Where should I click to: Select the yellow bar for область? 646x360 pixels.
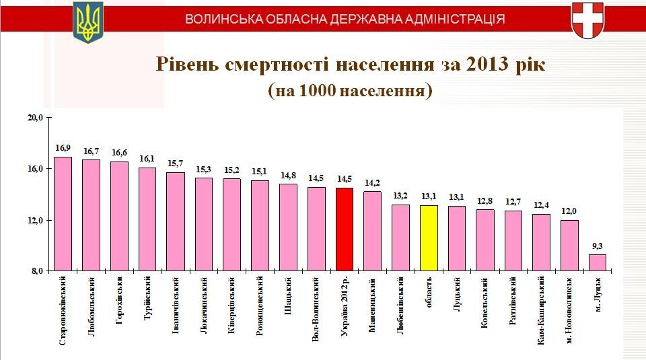click(x=429, y=238)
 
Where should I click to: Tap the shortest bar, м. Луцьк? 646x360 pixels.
click(x=598, y=263)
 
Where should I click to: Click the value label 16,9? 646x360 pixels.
click(x=63, y=148)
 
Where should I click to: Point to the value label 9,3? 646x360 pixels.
click(x=598, y=246)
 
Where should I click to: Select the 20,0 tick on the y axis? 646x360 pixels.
click(x=35, y=118)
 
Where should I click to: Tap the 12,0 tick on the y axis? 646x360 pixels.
click(x=35, y=221)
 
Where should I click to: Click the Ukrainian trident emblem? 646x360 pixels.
click(x=87, y=22)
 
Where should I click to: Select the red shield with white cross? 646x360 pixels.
click(x=587, y=20)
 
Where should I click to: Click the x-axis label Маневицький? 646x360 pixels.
click(x=372, y=303)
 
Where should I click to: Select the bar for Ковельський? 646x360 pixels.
click(x=485, y=240)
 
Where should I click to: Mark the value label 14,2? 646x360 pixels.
click(x=372, y=182)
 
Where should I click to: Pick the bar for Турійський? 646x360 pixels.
click(x=147, y=219)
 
